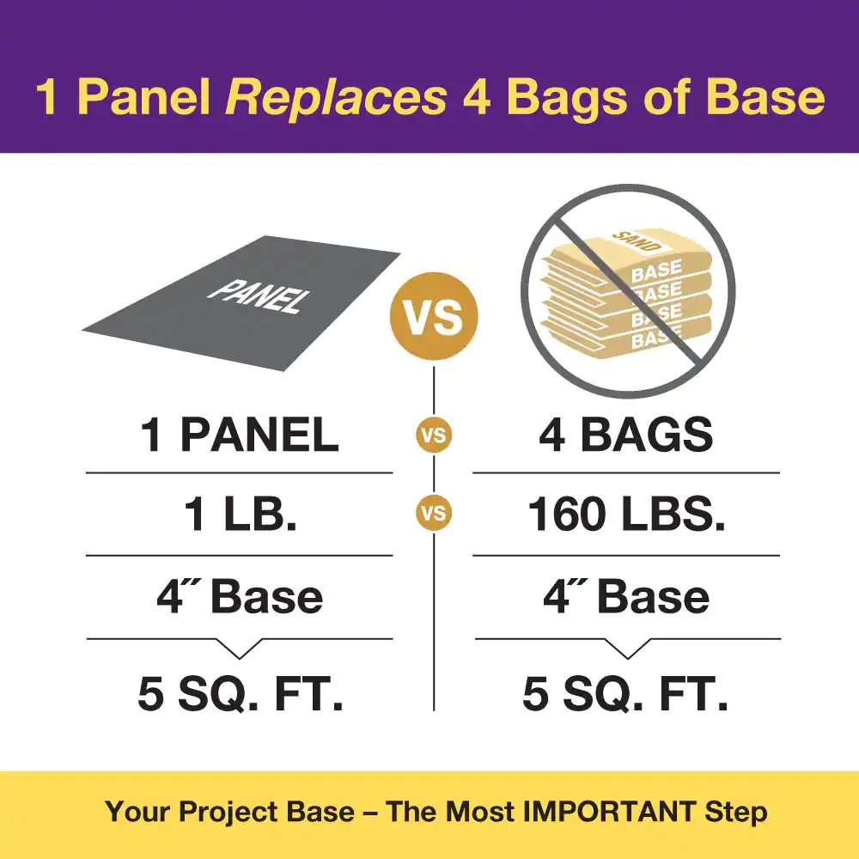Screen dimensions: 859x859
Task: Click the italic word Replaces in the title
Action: click(337, 99)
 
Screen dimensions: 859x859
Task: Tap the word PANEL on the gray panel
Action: click(259, 297)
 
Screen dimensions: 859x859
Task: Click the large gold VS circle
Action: click(434, 316)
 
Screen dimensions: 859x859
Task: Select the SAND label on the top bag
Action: click(637, 241)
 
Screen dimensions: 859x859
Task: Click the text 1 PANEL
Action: click(240, 435)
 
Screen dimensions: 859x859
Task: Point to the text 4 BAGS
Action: click(626, 435)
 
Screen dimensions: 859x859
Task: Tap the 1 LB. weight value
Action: click(241, 515)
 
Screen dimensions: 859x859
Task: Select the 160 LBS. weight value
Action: click(627, 515)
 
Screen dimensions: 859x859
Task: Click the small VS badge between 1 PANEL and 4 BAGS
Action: click(434, 436)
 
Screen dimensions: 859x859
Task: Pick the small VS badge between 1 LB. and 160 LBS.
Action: click(434, 514)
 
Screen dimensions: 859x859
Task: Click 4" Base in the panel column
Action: click(240, 596)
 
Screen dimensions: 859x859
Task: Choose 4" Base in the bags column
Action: click(627, 596)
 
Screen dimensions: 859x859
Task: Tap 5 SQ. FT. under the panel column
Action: click(241, 693)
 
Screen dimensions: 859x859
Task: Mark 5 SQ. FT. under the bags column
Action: click(625, 693)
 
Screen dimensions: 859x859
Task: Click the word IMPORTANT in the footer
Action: click(609, 812)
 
